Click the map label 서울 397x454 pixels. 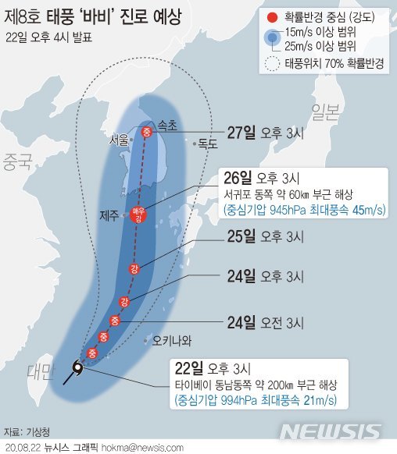(119, 140)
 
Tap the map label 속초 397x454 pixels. (167, 124)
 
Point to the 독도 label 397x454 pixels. (206, 144)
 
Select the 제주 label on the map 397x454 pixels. (109, 215)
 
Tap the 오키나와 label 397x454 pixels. (172, 340)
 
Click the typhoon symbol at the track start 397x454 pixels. (77, 367)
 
